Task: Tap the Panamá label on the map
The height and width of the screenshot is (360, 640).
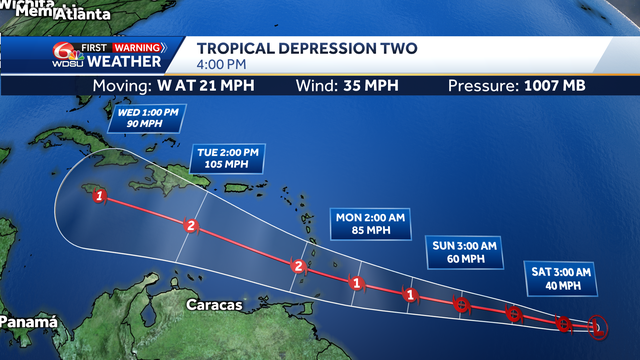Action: [x=27, y=322]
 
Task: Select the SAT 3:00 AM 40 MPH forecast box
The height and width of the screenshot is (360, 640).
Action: [x=558, y=279]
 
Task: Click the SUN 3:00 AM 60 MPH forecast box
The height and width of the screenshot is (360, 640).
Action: [x=464, y=254]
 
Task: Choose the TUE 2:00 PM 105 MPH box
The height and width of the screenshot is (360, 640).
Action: [x=224, y=158]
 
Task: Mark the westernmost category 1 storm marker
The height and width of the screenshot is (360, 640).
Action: [x=99, y=196]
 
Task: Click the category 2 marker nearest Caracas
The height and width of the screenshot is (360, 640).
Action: [x=296, y=266]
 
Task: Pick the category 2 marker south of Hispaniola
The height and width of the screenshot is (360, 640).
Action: [x=190, y=226]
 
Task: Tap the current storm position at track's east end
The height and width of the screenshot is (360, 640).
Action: [x=597, y=326]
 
